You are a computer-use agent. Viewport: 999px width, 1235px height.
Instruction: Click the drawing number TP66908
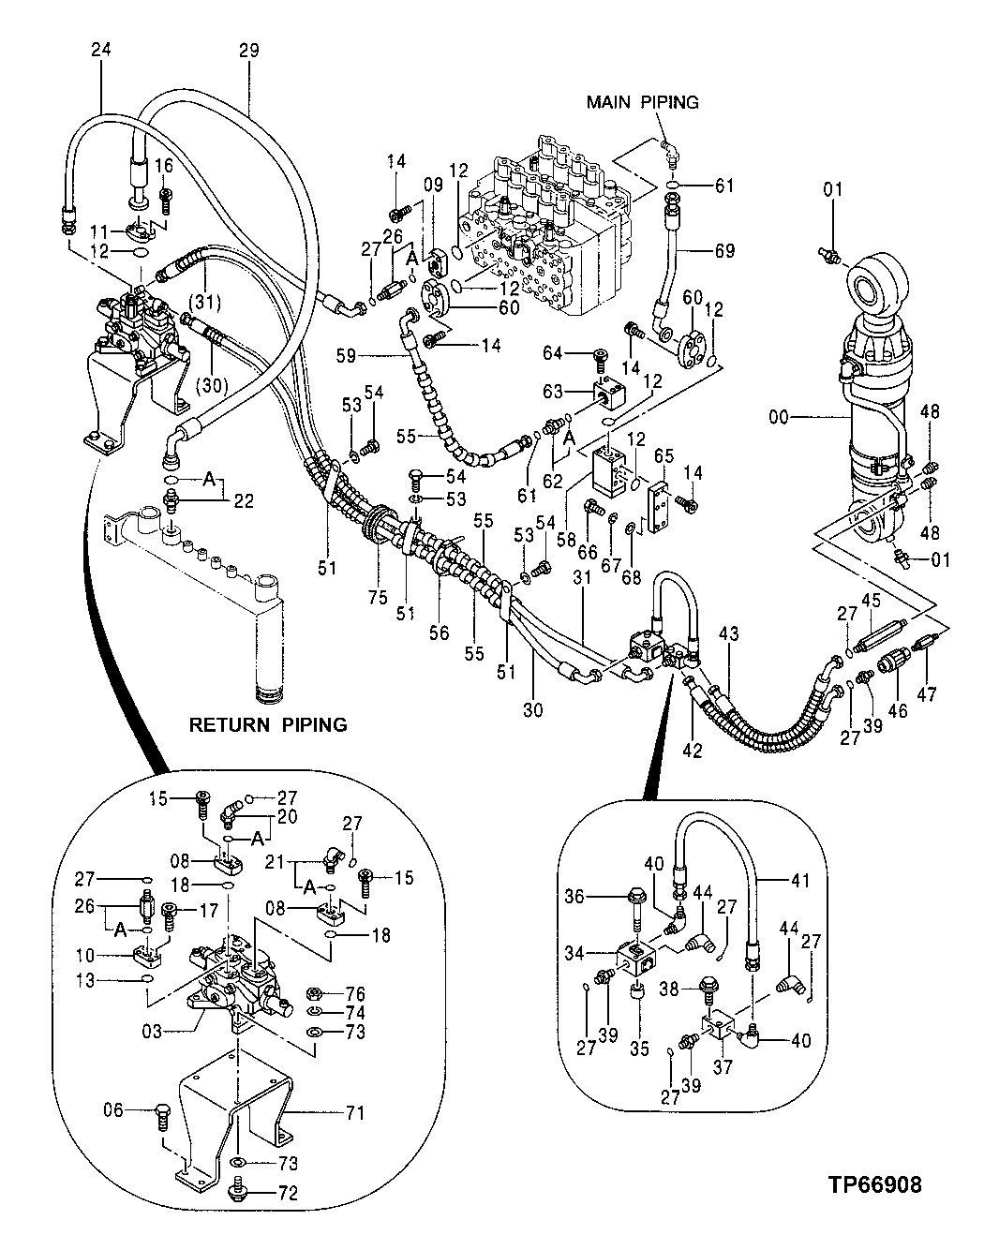873,1184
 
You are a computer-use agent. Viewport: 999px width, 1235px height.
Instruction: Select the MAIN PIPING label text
642,102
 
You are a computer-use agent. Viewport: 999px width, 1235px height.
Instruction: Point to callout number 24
101,51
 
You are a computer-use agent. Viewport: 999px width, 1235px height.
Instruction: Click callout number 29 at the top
248,51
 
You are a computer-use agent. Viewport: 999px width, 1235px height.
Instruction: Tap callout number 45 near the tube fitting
871,601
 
